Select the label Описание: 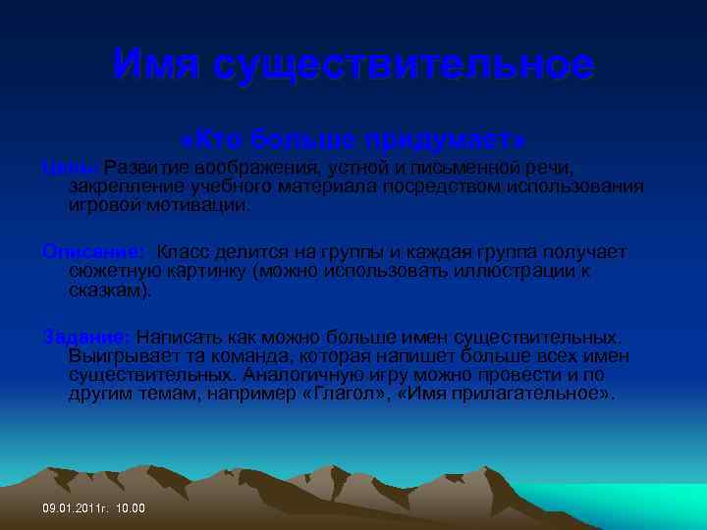[x=94, y=252]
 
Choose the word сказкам [x=109, y=290]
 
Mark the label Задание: [x=86, y=337]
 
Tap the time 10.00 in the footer [x=130, y=508]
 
